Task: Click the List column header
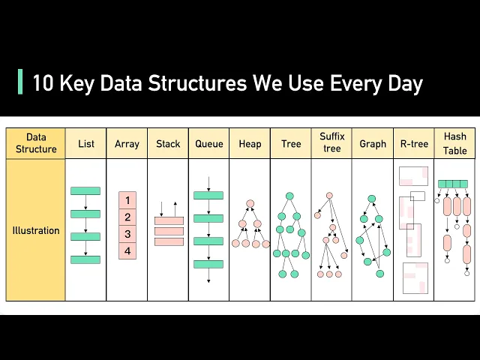coord(86,143)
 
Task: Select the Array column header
coord(127,143)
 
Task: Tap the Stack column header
coord(168,143)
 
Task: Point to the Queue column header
coord(209,143)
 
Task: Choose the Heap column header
coord(250,143)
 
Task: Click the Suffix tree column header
coord(331,142)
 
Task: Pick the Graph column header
coord(373,143)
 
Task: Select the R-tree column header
coord(413,143)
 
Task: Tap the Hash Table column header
coord(454,142)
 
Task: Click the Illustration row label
coord(36,230)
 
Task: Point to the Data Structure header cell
coord(36,142)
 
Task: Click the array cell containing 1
coord(127,200)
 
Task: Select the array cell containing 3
coord(127,234)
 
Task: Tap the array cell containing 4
coord(127,250)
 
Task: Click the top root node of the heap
coord(250,203)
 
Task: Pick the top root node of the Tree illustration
coord(289,196)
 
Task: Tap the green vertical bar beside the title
coord(20,82)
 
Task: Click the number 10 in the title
coord(41,83)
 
